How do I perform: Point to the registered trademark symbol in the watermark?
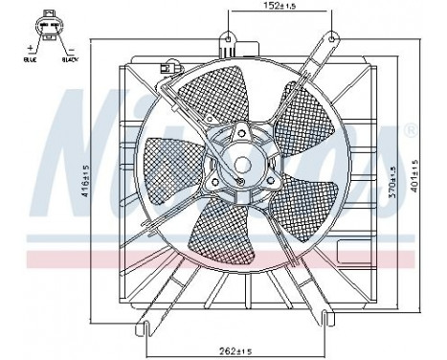pyautogui.click(x=410, y=128)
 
